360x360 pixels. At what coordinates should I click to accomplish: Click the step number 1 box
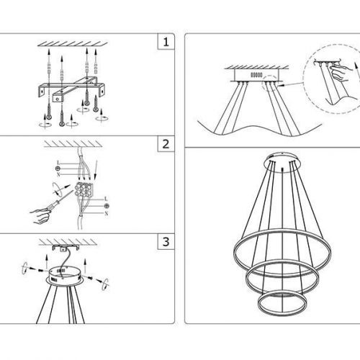pos(166,42)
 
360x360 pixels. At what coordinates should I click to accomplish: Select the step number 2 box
pos(166,144)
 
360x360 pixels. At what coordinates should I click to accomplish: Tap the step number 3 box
pos(166,241)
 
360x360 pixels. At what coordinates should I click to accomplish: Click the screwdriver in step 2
pos(60,200)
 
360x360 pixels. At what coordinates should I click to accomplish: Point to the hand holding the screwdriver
pos(40,216)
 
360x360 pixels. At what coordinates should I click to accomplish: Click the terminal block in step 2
pos(83,189)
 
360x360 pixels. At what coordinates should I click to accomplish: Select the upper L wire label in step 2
pos(58,163)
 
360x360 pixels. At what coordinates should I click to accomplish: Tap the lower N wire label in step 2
pos(107,213)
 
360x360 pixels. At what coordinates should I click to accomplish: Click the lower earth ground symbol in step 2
pos(107,206)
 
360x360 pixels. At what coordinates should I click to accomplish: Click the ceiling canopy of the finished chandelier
pos(282,162)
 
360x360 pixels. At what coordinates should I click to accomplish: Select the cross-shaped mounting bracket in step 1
pos(71,89)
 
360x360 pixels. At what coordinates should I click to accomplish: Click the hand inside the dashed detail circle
pos(340,71)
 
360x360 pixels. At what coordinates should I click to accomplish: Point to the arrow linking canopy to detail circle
pos(293,84)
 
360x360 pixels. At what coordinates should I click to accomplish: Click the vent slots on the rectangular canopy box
pos(256,75)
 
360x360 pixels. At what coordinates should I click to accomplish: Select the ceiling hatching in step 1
pos(73,44)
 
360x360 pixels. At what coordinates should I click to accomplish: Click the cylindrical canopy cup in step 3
pos(65,276)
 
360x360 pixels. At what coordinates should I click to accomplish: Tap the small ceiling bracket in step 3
pos(66,248)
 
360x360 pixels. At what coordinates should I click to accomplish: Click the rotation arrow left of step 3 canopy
pos(24,269)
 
